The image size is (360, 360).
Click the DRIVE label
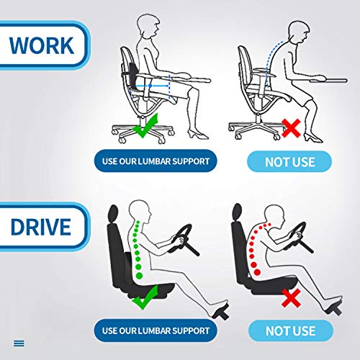pos(40,227)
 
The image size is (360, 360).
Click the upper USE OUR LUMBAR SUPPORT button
pos(155,160)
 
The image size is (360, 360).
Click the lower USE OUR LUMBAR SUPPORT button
pos(155,330)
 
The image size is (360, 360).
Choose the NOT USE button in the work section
pos(289,161)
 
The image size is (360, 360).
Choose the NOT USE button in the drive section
pos(289,331)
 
